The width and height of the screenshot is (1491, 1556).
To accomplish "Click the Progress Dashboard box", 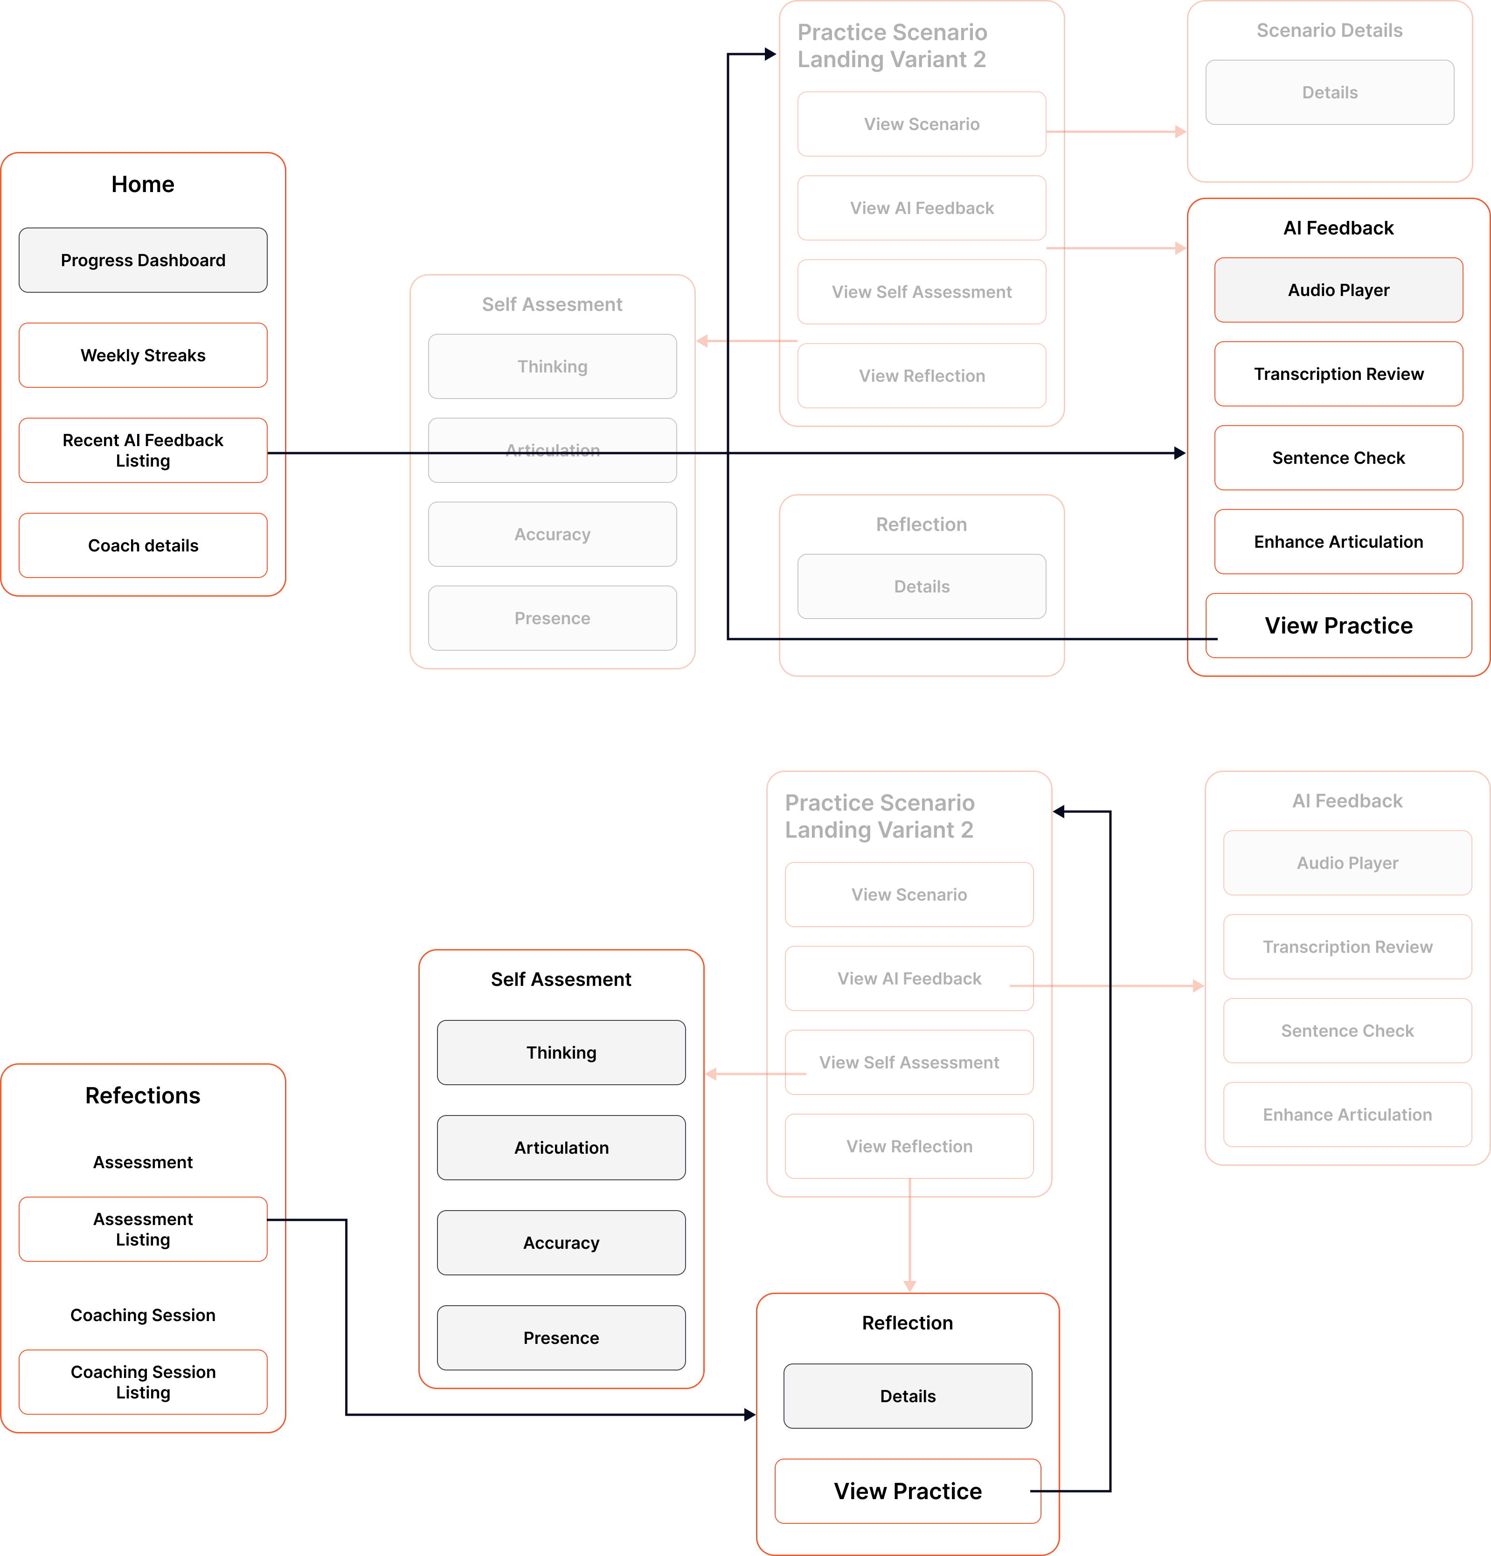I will [x=143, y=261].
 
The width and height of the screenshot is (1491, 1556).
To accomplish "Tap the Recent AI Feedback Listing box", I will [x=143, y=450].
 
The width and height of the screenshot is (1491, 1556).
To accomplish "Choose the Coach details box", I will [x=143, y=545].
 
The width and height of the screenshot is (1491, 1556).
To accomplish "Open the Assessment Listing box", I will [x=143, y=1229].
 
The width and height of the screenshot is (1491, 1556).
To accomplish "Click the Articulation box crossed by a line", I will [x=552, y=450].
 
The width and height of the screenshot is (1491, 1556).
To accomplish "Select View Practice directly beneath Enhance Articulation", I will [x=1338, y=626].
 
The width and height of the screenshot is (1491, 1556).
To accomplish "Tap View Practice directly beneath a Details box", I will [x=907, y=1491].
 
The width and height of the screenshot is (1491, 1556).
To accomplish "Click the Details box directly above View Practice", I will [x=907, y=1396].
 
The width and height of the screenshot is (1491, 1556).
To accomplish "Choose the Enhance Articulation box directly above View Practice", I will [x=1338, y=541].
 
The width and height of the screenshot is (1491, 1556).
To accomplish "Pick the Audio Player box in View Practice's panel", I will [x=1338, y=290].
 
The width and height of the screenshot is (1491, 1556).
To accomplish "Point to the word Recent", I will [x=90, y=440].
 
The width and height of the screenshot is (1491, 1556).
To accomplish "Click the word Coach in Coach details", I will [x=109, y=545].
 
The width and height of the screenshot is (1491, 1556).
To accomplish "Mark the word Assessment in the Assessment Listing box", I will [x=143, y=1219].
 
